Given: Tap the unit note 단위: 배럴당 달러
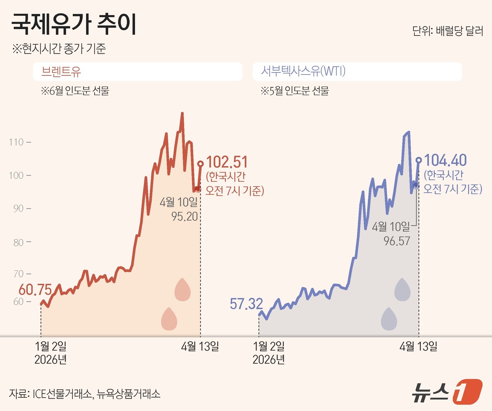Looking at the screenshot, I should [447, 31].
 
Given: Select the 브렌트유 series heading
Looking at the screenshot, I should [61, 72].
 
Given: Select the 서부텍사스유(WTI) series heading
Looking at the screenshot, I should [303, 71].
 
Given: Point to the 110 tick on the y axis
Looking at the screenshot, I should [16, 142].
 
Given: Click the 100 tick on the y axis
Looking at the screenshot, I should [16, 175].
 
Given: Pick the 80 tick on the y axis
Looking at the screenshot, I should [18, 242].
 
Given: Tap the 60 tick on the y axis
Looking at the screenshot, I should [18, 302].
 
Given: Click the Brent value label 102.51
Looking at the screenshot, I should [227, 162].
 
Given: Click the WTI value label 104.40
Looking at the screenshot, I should [445, 160].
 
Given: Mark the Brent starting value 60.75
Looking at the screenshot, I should [35, 290].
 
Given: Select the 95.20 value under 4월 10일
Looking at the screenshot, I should [184, 217].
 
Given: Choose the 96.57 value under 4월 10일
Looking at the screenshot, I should [397, 241].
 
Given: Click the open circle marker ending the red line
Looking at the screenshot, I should [200, 163].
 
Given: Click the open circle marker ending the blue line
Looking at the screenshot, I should [419, 160].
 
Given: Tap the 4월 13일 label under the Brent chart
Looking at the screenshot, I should [200, 347].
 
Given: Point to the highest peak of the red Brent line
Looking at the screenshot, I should [182, 114].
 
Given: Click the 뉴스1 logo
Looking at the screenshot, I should [447, 391].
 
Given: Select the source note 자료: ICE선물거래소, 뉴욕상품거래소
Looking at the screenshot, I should [85, 394].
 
